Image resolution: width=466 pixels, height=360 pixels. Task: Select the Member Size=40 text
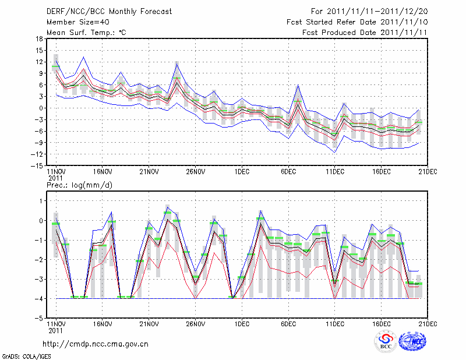tap(77, 22)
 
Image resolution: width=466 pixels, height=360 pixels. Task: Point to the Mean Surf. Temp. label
tap(86, 33)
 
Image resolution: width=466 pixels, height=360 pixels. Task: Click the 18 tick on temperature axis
tap(39, 39)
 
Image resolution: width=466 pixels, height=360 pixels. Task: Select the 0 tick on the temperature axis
tap(41, 108)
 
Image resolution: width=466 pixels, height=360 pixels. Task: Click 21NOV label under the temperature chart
tap(149, 172)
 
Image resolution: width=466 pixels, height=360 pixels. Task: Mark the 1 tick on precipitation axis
tap(41, 201)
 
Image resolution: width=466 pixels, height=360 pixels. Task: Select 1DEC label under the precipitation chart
tap(242, 324)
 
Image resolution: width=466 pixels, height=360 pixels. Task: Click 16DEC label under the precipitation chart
tap(382, 324)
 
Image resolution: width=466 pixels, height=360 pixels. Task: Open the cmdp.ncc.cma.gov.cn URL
tap(96, 344)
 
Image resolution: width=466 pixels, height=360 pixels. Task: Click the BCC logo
tap(386, 341)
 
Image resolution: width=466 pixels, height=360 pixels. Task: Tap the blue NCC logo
tap(414, 341)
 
